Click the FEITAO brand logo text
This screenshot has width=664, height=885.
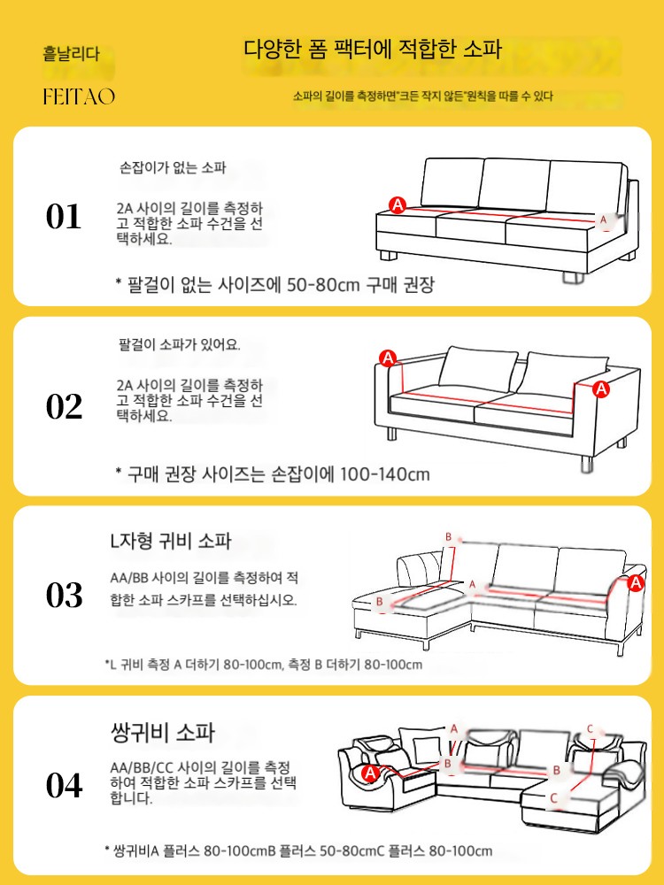[x=79, y=96]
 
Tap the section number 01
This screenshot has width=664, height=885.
[x=63, y=217]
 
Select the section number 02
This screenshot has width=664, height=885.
[x=64, y=406]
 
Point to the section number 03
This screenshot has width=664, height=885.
[x=64, y=595]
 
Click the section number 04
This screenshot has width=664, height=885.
[x=64, y=785]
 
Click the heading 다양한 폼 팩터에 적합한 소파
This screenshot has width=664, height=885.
[x=373, y=49]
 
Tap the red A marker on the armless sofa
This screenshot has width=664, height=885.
[x=398, y=205]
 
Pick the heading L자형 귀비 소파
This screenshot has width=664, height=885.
[x=171, y=542]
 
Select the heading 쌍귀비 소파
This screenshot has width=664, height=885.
[x=163, y=732]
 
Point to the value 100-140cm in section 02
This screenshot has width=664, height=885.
[x=384, y=473]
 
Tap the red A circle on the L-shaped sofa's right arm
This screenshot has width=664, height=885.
[x=637, y=582]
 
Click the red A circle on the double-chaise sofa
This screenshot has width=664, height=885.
[x=370, y=773]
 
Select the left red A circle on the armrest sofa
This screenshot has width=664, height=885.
[x=388, y=358]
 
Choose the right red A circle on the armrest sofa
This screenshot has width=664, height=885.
[x=602, y=389]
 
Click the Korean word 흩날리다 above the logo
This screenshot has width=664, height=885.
[x=71, y=54]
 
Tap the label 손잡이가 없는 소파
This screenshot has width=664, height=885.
[x=173, y=167]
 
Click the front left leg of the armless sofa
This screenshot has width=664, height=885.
[x=389, y=256]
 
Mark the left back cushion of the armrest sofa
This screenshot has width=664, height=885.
[x=478, y=370]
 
